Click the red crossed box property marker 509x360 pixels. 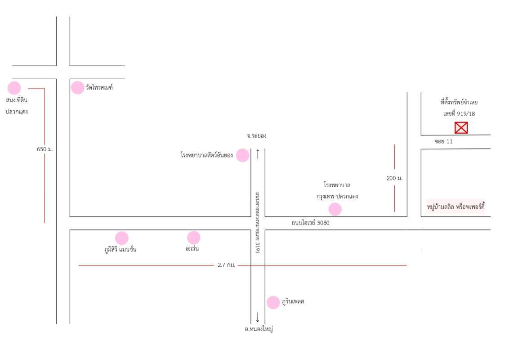[x=461, y=128]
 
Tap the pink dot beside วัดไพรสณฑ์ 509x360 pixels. [x=78, y=88]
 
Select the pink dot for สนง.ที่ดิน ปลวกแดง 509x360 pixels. [x=14, y=88]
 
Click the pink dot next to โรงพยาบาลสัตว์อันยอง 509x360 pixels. [x=243, y=155]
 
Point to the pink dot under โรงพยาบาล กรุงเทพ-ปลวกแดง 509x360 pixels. [x=335, y=209]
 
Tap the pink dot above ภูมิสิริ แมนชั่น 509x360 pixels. [x=122, y=238]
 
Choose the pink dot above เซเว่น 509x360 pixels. [x=194, y=238]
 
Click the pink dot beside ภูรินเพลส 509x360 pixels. [x=273, y=302]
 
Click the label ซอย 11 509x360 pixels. [x=443, y=141]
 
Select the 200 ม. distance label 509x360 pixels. [x=394, y=178]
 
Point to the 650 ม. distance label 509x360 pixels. [x=45, y=149]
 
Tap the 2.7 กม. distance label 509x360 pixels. [x=226, y=265]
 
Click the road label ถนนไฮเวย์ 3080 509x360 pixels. [x=310, y=222]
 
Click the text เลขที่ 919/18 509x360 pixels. [x=459, y=114]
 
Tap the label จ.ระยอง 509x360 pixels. [x=256, y=135]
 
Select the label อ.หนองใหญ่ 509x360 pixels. [x=259, y=329]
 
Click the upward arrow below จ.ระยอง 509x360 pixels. [x=258, y=154]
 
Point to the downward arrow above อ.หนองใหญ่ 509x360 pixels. [x=258, y=317]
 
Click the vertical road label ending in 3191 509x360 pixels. [x=258, y=223]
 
